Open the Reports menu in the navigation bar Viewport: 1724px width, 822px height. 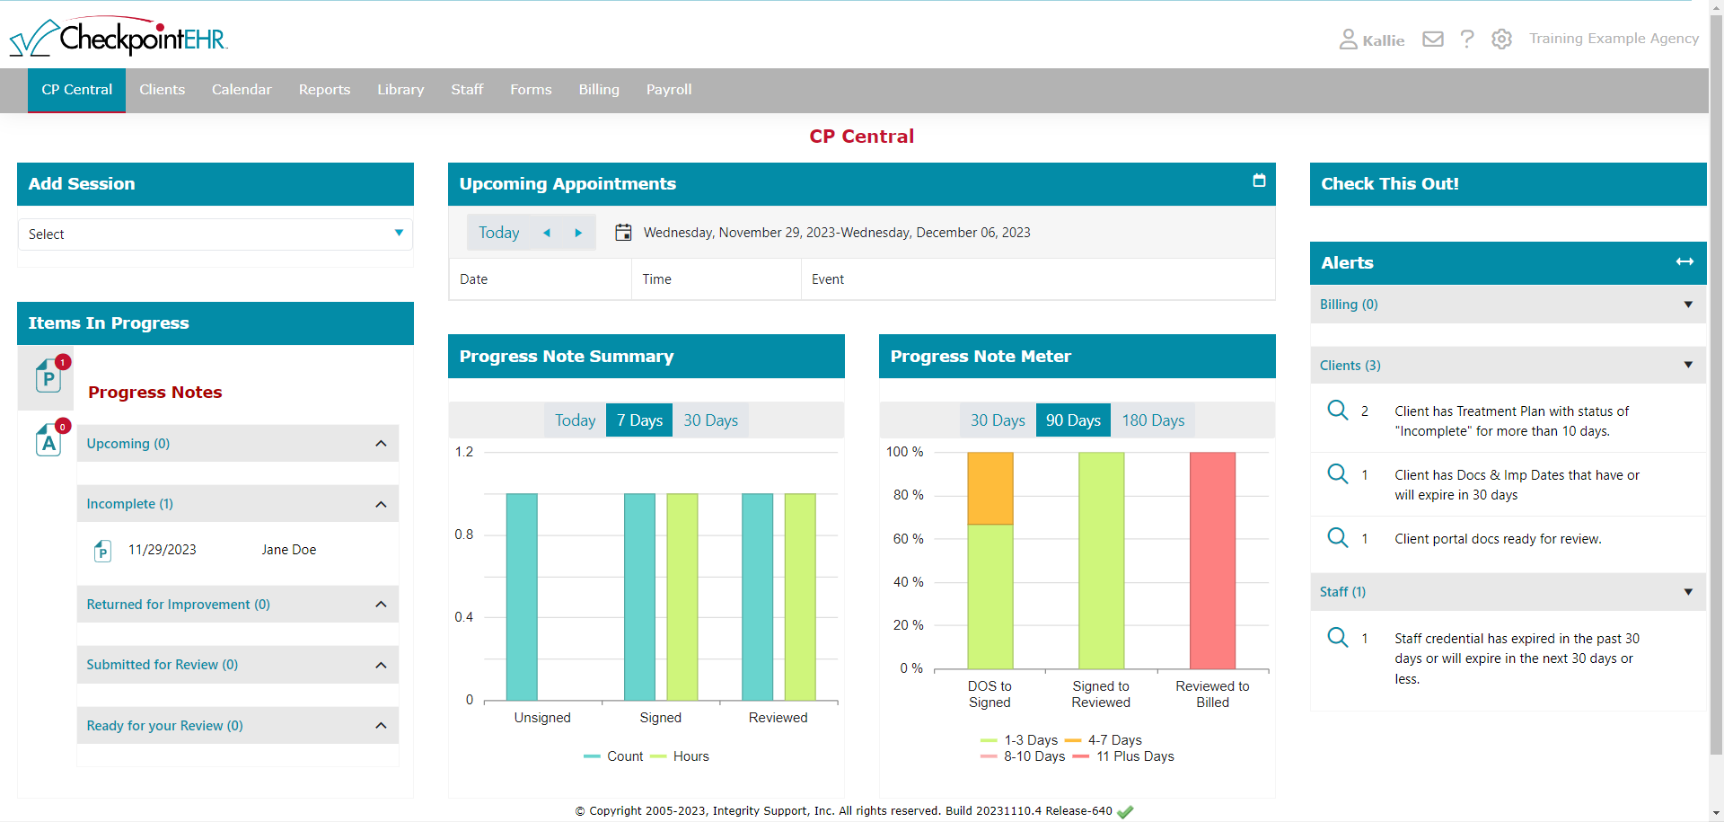[x=324, y=90]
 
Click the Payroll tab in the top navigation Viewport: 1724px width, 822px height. [x=668, y=90]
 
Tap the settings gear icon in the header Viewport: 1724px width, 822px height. [x=1501, y=40]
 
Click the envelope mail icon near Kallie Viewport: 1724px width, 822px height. [x=1433, y=40]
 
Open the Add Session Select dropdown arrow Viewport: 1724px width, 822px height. [x=399, y=234]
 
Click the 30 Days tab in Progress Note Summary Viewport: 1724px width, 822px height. [x=710, y=420]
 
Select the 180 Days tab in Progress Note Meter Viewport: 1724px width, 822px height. [x=1152, y=420]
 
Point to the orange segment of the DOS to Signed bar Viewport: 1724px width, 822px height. [x=990, y=488]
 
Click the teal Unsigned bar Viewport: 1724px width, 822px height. [x=522, y=597]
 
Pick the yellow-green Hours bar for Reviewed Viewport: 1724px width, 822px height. [x=800, y=597]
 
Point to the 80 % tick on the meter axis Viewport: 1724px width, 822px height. [x=908, y=495]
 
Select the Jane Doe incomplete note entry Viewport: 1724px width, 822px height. [x=288, y=550]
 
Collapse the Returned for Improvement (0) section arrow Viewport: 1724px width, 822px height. [x=381, y=605]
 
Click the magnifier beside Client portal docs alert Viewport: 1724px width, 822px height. [x=1337, y=538]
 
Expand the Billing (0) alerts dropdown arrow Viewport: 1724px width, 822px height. [x=1688, y=305]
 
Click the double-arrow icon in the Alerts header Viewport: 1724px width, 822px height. [x=1684, y=262]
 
